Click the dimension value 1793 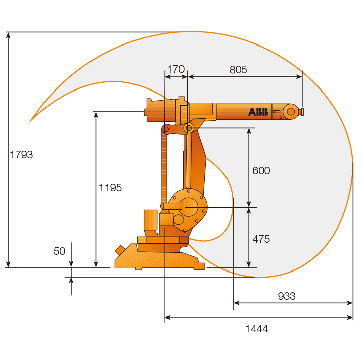point(21,155)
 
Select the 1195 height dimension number point(110,188)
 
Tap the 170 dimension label point(176,69)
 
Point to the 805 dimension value point(238,69)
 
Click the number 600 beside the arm point(261,171)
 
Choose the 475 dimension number point(261,239)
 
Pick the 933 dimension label point(287,296)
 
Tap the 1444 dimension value point(256,329)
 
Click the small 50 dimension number point(59,251)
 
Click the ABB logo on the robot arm point(258,112)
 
